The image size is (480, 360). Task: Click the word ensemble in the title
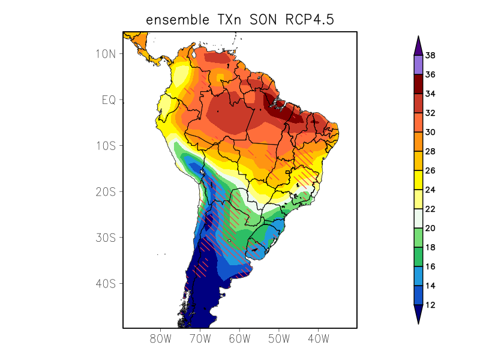point(175,20)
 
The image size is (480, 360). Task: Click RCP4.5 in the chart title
point(307,20)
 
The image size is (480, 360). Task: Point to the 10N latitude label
point(106,54)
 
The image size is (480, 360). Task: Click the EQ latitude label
point(108,100)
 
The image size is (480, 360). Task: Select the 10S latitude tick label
point(106,146)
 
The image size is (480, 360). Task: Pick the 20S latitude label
point(106,191)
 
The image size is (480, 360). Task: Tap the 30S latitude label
point(106,238)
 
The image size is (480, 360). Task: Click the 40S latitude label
point(106,283)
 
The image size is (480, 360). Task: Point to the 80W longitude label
point(161,338)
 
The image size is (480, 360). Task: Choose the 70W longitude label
point(200,338)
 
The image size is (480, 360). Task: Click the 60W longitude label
point(239,338)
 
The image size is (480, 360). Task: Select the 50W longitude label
point(279,338)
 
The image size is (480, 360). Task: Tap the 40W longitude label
point(318,338)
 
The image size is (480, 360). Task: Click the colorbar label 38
point(430,56)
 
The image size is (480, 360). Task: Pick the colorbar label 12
point(430,305)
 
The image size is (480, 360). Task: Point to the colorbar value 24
point(430,190)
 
